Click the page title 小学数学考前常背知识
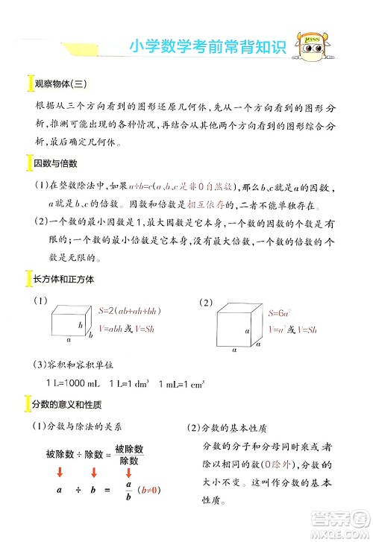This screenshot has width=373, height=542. (207, 47)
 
